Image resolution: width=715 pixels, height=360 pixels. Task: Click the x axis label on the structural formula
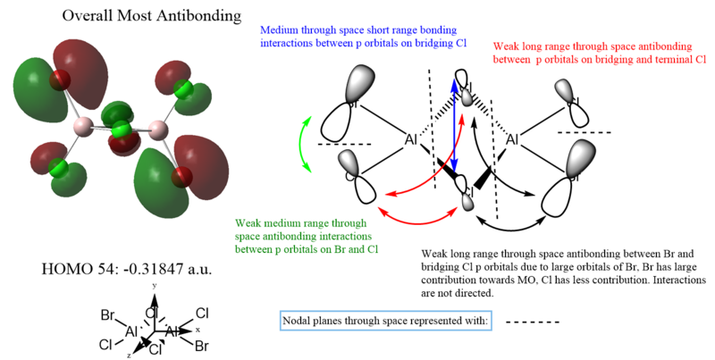(198, 329)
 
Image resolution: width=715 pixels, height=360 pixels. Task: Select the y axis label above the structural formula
(155, 285)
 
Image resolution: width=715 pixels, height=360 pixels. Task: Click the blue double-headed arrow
(454, 125)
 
